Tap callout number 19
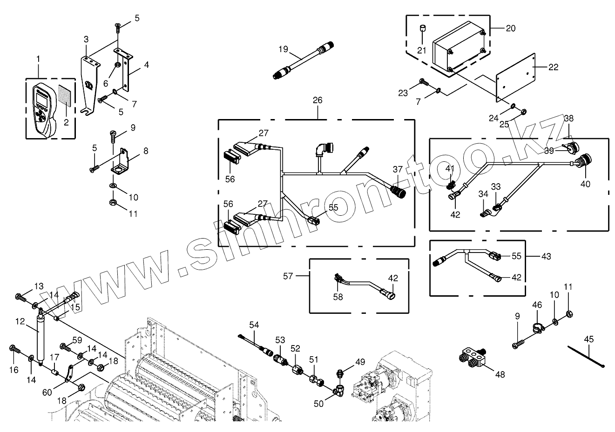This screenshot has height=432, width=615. point(284,50)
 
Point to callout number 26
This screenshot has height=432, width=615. point(318,100)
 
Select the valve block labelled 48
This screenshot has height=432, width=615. point(471,358)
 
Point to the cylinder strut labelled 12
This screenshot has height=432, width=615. point(41,339)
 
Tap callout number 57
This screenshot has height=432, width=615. point(288,276)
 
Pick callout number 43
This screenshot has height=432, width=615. point(546,256)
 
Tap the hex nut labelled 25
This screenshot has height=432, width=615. point(523,112)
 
